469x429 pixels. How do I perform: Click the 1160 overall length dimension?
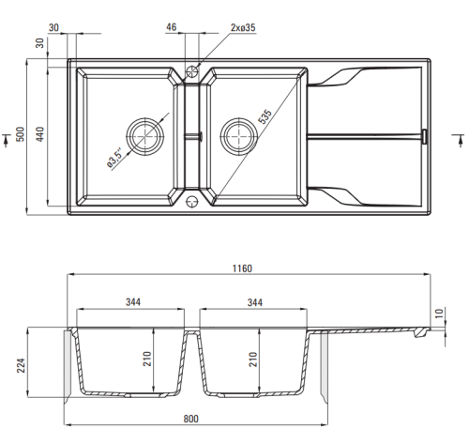click(242, 268)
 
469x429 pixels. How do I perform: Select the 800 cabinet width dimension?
click(190, 419)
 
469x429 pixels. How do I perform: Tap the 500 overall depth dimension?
click(21, 134)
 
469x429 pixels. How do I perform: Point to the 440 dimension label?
click(40, 134)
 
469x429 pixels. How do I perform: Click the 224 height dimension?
click(21, 365)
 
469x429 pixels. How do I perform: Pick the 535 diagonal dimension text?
click(265, 117)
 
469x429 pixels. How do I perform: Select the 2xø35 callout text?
click(243, 27)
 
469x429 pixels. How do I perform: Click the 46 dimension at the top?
click(172, 27)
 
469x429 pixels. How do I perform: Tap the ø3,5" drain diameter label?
click(114, 160)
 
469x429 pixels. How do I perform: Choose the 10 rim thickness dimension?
click(439, 314)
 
